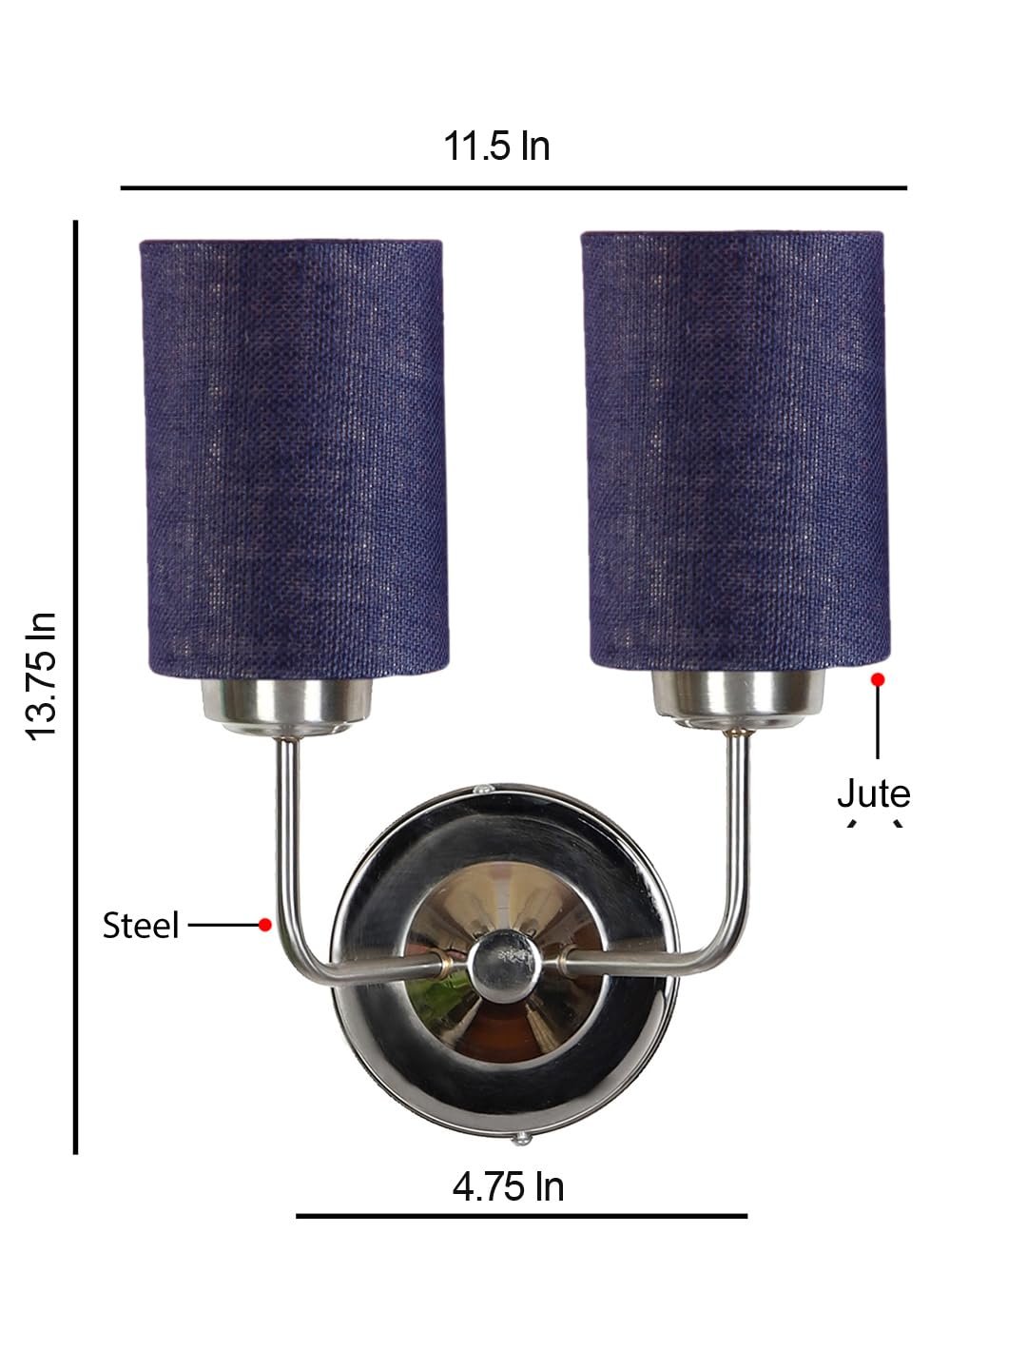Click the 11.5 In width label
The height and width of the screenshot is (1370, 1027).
(496, 147)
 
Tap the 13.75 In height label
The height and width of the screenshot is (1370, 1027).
(41, 676)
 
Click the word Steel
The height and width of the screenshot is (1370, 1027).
(141, 925)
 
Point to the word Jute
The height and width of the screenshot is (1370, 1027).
(874, 793)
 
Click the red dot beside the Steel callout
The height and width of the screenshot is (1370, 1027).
(265, 925)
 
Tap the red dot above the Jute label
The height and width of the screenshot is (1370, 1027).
(878, 679)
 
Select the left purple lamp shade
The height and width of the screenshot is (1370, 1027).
(294, 459)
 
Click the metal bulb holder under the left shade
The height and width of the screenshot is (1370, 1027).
(287, 707)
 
